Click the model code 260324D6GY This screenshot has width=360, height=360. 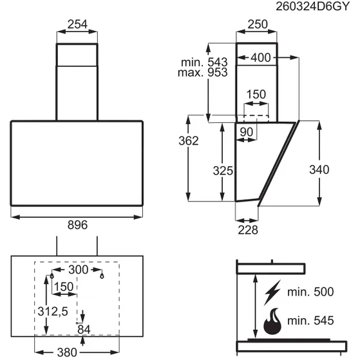coord(312,6)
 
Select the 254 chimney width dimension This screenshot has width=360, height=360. coord(77,24)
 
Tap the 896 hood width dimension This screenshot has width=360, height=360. coord(77,225)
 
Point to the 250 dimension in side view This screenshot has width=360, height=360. coord(258,24)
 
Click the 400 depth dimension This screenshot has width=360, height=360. coord(261,57)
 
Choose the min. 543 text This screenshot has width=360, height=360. coord(204,62)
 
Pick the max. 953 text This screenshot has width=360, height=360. coord(203,72)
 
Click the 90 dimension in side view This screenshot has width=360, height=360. coord(247,132)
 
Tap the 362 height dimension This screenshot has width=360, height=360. coord(189,141)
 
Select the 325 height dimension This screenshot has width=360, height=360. coord(223,171)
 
